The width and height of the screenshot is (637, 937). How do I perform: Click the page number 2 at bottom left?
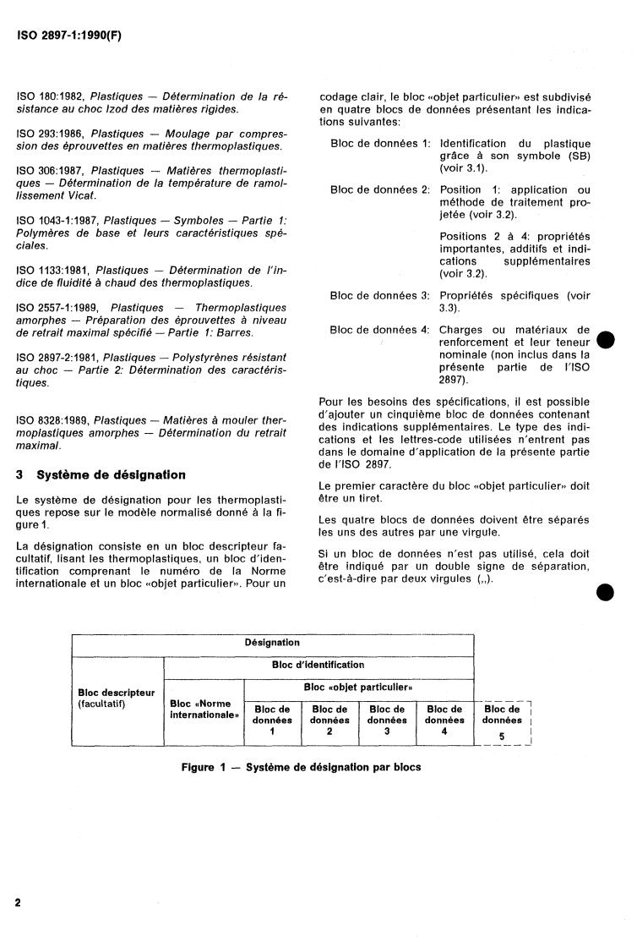(18, 902)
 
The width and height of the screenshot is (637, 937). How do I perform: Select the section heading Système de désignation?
(105, 474)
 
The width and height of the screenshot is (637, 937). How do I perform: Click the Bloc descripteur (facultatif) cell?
(117, 698)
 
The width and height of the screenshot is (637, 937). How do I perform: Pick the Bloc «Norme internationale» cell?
(204, 709)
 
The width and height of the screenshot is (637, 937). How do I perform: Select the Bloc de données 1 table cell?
(272, 720)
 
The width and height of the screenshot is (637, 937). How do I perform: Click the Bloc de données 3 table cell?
(387, 720)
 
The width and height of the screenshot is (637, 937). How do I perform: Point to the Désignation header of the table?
(272, 643)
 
